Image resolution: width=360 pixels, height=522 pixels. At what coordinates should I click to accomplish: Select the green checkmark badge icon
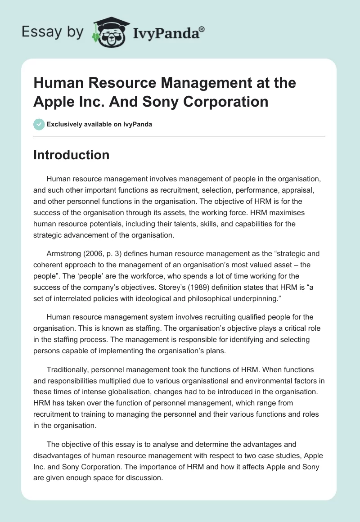[x=39, y=124]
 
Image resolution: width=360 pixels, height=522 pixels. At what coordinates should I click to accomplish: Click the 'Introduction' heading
[x=72, y=155]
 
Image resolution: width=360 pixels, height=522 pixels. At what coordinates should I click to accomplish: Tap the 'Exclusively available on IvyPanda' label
[x=100, y=124]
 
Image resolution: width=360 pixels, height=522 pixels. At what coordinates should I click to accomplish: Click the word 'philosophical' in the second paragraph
[x=195, y=297]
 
